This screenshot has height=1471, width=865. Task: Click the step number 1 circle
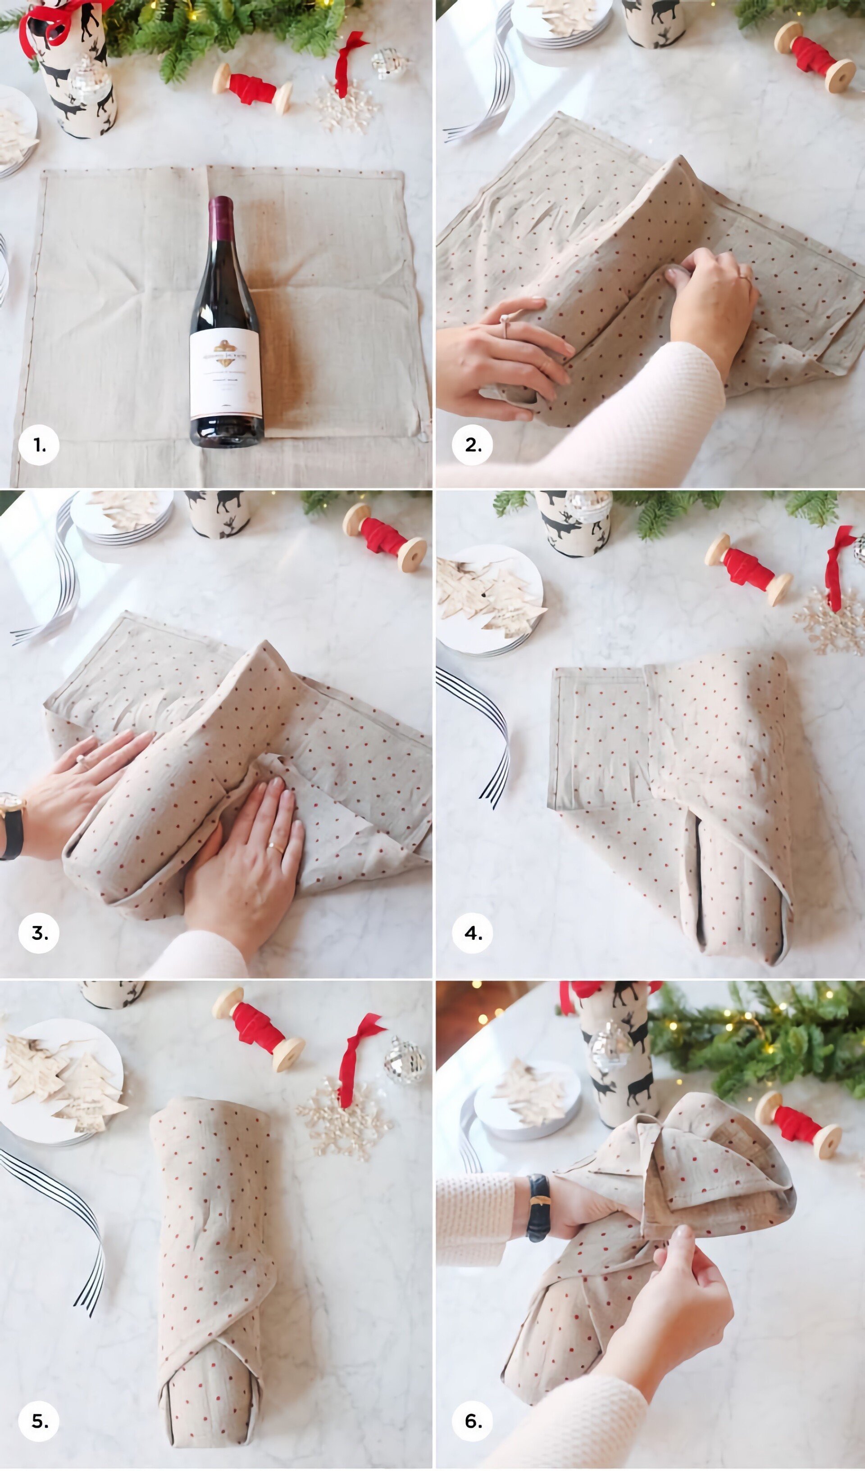tap(39, 445)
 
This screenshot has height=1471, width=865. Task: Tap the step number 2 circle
tap(472, 445)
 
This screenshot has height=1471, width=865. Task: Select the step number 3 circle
tap(39, 934)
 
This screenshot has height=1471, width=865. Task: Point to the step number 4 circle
tap(472, 934)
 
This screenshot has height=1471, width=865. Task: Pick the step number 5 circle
tap(39, 1421)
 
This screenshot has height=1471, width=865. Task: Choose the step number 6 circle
tap(472, 1421)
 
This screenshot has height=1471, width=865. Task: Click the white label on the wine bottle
tap(225, 374)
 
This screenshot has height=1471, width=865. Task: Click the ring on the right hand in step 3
tap(276, 847)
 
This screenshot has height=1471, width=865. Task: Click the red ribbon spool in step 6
tap(798, 1124)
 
